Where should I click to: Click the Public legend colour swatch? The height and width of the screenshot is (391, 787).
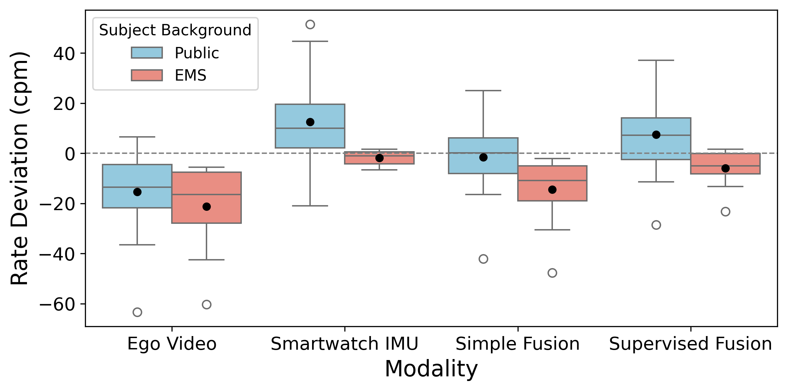(147, 53)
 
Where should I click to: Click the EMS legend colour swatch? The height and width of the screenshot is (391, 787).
(147, 75)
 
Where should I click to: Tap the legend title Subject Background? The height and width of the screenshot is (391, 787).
(175, 30)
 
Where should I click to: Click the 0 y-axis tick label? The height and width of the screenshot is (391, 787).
(70, 154)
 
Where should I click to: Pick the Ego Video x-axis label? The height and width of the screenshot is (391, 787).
(172, 344)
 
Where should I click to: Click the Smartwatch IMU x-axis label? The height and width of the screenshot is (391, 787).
(345, 344)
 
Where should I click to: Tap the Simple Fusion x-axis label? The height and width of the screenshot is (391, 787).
(518, 344)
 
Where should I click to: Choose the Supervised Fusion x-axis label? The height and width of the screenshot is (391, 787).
(690, 344)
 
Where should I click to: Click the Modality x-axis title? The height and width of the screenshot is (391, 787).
(431, 369)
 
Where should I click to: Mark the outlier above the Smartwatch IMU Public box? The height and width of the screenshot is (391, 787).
(310, 24)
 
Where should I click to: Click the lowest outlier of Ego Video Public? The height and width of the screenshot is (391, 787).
(137, 312)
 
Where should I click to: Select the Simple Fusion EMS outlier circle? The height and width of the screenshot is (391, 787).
(552, 273)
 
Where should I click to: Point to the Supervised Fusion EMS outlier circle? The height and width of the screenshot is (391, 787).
(725, 211)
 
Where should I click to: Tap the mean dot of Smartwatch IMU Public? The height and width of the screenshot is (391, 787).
(310, 122)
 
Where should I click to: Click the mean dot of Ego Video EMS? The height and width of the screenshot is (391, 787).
(206, 206)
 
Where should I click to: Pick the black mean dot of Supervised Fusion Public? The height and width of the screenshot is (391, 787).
(656, 135)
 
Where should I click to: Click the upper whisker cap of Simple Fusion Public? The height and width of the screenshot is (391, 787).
(483, 91)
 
